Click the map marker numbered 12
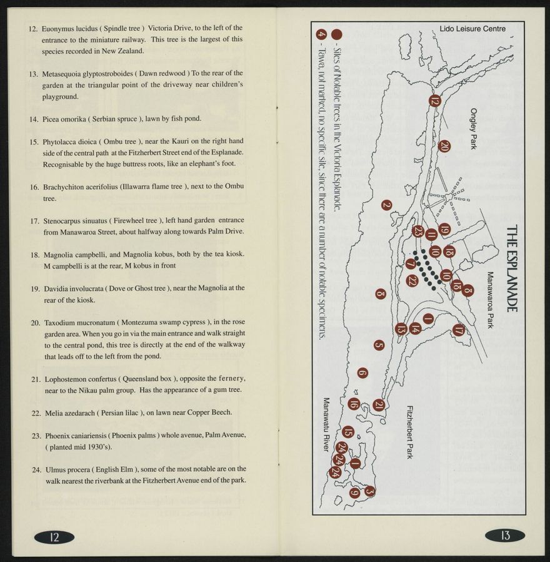pyautogui.click(x=435, y=101)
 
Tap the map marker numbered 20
pyautogui.click(x=444, y=146)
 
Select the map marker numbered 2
pyautogui.click(x=386, y=205)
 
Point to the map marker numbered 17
pyautogui.click(x=459, y=330)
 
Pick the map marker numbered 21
pyautogui.click(x=378, y=405)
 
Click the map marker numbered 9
pyautogui.click(x=354, y=493)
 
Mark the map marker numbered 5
pyautogui.click(x=379, y=345)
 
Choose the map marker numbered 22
pyautogui.click(x=412, y=281)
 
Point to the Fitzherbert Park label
pyautogui.click(x=409, y=432)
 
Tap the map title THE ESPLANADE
pyautogui.click(x=511, y=269)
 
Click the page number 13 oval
pyautogui.click(x=505, y=536)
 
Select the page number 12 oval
pyautogui.click(x=54, y=536)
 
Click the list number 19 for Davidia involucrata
pyautogui.click(x=35, y=289)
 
